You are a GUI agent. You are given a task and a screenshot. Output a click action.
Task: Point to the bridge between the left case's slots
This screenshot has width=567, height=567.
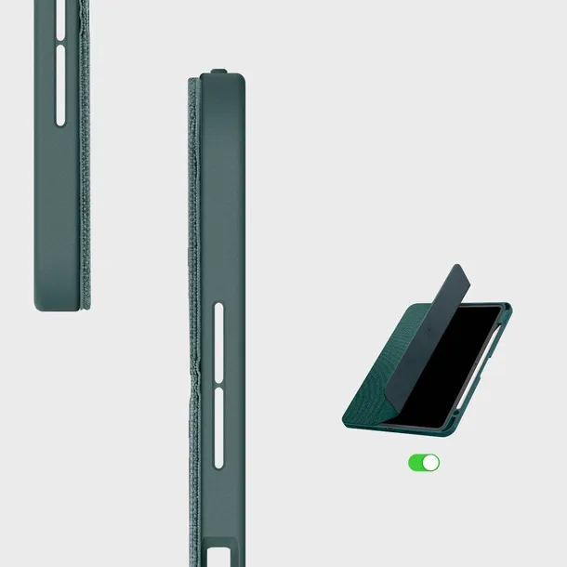[61, 41]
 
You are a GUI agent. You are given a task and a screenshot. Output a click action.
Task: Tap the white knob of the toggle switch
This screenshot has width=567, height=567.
[430, 462]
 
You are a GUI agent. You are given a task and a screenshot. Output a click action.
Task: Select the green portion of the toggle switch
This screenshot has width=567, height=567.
[415, 462]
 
